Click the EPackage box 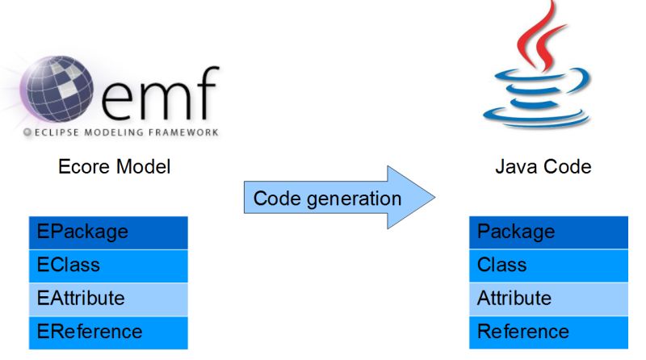pos(108,232)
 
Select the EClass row pos(108,266)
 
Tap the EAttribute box pos(108,299)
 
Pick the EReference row pos(108,332)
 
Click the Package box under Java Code pos(548,232)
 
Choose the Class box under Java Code pos(548,266)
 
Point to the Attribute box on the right pos(548,299)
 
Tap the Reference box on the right pos(548,332)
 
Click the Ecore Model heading pos(114,167)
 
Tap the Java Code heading pos(543,167)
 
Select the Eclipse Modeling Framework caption pos(121,131)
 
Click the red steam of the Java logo pos(533,36)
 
